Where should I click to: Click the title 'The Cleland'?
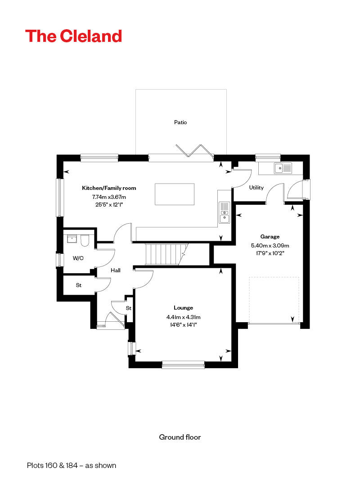73,36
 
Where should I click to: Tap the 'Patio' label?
180,122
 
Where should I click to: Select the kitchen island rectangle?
175,194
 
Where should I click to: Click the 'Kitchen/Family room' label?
109,188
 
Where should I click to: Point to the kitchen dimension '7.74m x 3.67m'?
109,197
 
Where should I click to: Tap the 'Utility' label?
256,188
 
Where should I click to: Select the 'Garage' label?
270,237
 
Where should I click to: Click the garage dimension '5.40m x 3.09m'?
270,246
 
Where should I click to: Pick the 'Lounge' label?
183,308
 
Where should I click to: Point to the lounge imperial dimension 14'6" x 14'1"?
183,325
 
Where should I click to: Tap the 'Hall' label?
116,270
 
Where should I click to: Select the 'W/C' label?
78,258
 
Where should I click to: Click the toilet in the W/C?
85,240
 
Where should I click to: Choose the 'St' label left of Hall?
78,285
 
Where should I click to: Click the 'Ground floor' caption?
180,437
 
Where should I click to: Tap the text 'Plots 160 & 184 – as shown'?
72,465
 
